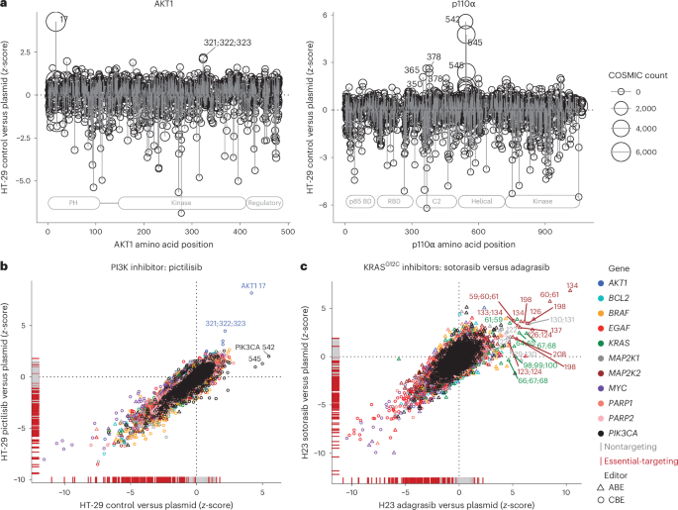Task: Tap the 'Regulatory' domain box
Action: pos(264,203)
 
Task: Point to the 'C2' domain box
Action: pos(433,203)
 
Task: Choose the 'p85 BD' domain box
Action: pos(359,203)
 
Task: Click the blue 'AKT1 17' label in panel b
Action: pos(256,286)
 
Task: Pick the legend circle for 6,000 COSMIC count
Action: pos(622,152)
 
